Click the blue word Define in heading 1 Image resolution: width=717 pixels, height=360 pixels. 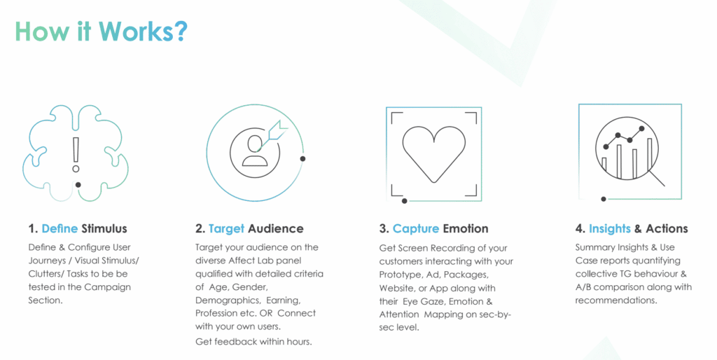60,228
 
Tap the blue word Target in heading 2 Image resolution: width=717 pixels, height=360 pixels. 225,228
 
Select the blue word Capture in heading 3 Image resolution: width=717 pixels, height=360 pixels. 415,228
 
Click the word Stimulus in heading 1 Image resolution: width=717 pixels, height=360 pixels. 104,228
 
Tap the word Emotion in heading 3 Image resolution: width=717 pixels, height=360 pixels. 465,228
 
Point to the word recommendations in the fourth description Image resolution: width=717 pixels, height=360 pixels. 616,300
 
